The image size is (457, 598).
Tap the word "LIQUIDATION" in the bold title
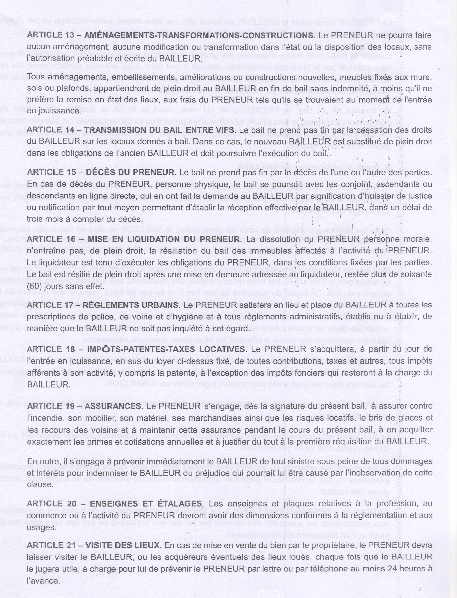(147, 239)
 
